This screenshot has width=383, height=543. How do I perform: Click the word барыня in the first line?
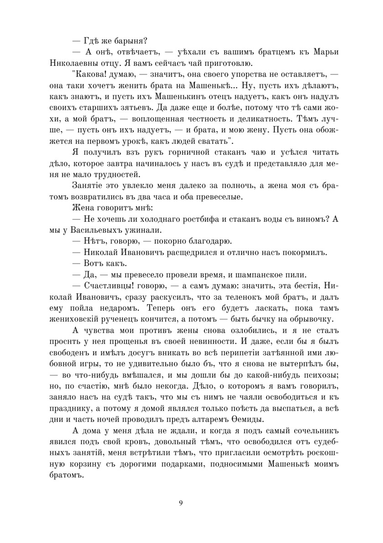[x=130, y=41]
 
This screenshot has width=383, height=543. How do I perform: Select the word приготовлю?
[x=228, y=63]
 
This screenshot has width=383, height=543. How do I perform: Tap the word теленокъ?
[x=253, y=297]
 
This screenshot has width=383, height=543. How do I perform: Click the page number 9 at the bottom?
[x=181, y=502]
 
